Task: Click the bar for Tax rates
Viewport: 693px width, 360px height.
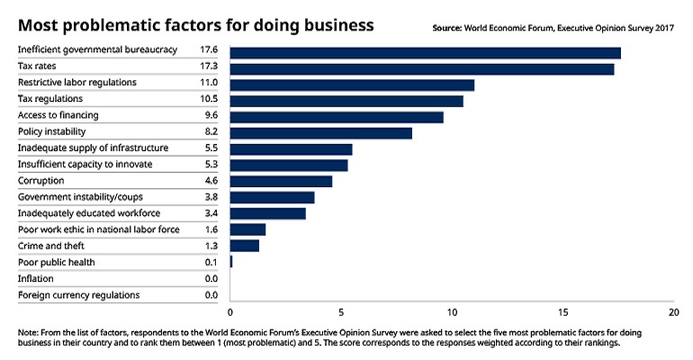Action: [x=422, y=68]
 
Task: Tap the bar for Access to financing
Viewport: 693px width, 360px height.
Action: [x=337, y=117]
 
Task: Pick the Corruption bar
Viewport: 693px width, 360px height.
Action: [x=281, y=181]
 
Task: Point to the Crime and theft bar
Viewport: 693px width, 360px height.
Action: [x=245, y=246]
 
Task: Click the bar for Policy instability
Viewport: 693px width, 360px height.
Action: [x=321, y=133]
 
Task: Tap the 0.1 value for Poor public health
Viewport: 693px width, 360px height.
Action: [x=211, y=262]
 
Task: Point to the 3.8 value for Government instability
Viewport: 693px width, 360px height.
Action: [x=211, y=197]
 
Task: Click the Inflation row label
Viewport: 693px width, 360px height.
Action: [x=37, y=278]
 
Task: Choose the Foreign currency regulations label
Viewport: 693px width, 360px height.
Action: [x=78, y=294]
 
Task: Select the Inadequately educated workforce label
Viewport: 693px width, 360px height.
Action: [x=88, y=213]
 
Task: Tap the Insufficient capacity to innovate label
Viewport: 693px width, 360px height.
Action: [x=85, y=165]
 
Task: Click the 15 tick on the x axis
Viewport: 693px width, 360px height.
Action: [x=563, y=312]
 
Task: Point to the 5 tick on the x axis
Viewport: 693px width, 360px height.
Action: [x=342, y=312]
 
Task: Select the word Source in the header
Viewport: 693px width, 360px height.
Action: [x=447, y=28]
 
